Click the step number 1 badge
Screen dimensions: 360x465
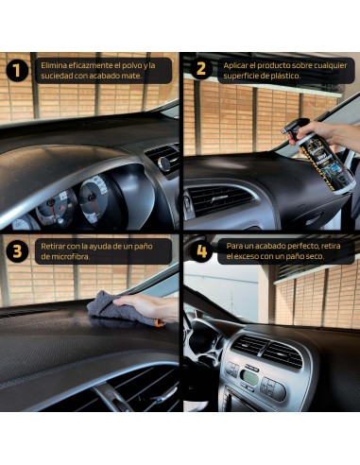[17, 70]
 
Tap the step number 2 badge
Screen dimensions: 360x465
[200, 69]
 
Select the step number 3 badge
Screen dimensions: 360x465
[17, 250]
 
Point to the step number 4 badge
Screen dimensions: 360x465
[201, 251]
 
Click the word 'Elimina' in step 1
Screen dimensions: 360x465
[54, 65]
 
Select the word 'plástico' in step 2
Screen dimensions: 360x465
[285, 76]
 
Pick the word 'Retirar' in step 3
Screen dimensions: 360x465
[53, 246]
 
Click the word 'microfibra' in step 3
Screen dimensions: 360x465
[70, 256]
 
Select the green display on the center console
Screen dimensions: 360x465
[249, 378]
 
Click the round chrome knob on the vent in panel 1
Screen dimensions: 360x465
[164, 163]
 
